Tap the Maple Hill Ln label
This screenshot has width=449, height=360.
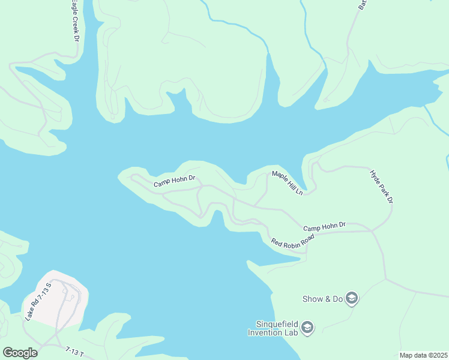tap(288, 182)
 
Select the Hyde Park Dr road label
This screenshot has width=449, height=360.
tap(381, 186)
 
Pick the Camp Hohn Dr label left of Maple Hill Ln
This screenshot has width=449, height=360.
tap(175, 181)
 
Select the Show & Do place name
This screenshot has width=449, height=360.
tap(321, 298)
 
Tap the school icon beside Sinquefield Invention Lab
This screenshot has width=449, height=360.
tap(307, 327)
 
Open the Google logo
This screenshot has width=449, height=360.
tap(20, 352)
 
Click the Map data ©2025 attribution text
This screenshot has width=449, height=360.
tap(423, 355)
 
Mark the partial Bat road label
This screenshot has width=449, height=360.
tap(363, 5)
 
